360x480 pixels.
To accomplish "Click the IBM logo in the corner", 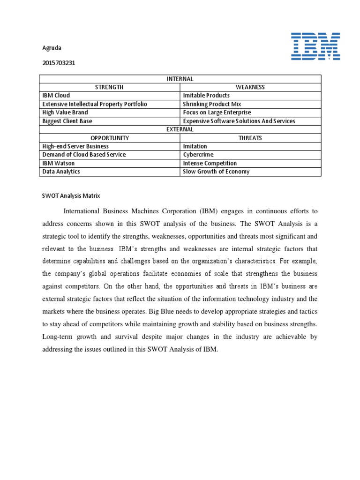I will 315,46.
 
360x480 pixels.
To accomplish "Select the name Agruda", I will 52,48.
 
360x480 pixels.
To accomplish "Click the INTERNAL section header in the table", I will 180,79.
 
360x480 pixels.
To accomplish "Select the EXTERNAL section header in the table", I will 180,129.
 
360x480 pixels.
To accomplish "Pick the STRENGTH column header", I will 109,87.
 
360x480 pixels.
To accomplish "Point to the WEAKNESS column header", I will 250,87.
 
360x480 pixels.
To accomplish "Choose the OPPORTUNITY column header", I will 109,138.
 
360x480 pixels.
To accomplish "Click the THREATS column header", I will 250,138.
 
